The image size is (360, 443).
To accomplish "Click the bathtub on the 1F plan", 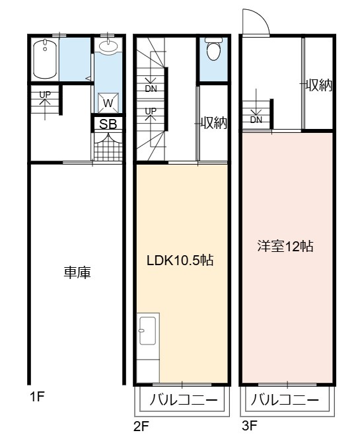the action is pyautogui.click(x=45, y=60).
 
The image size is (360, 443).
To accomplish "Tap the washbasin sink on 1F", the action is pyautogui.click(x=108, y=46).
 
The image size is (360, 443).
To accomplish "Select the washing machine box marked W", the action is pyautogui.click(x=108, y=103).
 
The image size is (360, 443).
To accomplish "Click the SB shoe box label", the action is pyautogui.click(x=108, y=124).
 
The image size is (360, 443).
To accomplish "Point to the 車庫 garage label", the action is pyautogui.click(x=77, y=273).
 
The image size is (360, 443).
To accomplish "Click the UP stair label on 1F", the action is pyautogui.click(x=45, y=95).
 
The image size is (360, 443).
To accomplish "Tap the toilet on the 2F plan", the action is pyautogui.click(x=214, y=49).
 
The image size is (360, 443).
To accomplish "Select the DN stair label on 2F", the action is pyautogui.click(x=151, y=89).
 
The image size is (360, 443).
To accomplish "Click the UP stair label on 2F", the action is pyautogui.click(x=151, y=111).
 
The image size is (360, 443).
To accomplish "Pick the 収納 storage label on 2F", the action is pyautogui.click(x=214, y=122).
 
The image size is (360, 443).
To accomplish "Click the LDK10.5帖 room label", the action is pyautogui.click(x=180, y=261).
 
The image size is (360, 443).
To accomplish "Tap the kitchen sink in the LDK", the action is pyautogui.click(x=147, y=331).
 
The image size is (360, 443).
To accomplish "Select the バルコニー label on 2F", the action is pyautogui.click(x=184, y=400).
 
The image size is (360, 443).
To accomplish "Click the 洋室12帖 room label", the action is pyautogui.click(x=285, y=247).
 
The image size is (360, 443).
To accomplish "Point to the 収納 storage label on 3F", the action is pyautogui.click(x=319, y=85).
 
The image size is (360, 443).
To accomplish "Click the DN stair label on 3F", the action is pyautogui.click(x=256, y=120).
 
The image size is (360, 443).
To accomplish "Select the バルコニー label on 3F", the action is pyautogui.click(x=285, y=400).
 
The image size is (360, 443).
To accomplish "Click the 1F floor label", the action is pyautogui.click(x=37, y=397).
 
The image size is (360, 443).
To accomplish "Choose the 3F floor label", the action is pyautogui.click(x=250, y=425).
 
